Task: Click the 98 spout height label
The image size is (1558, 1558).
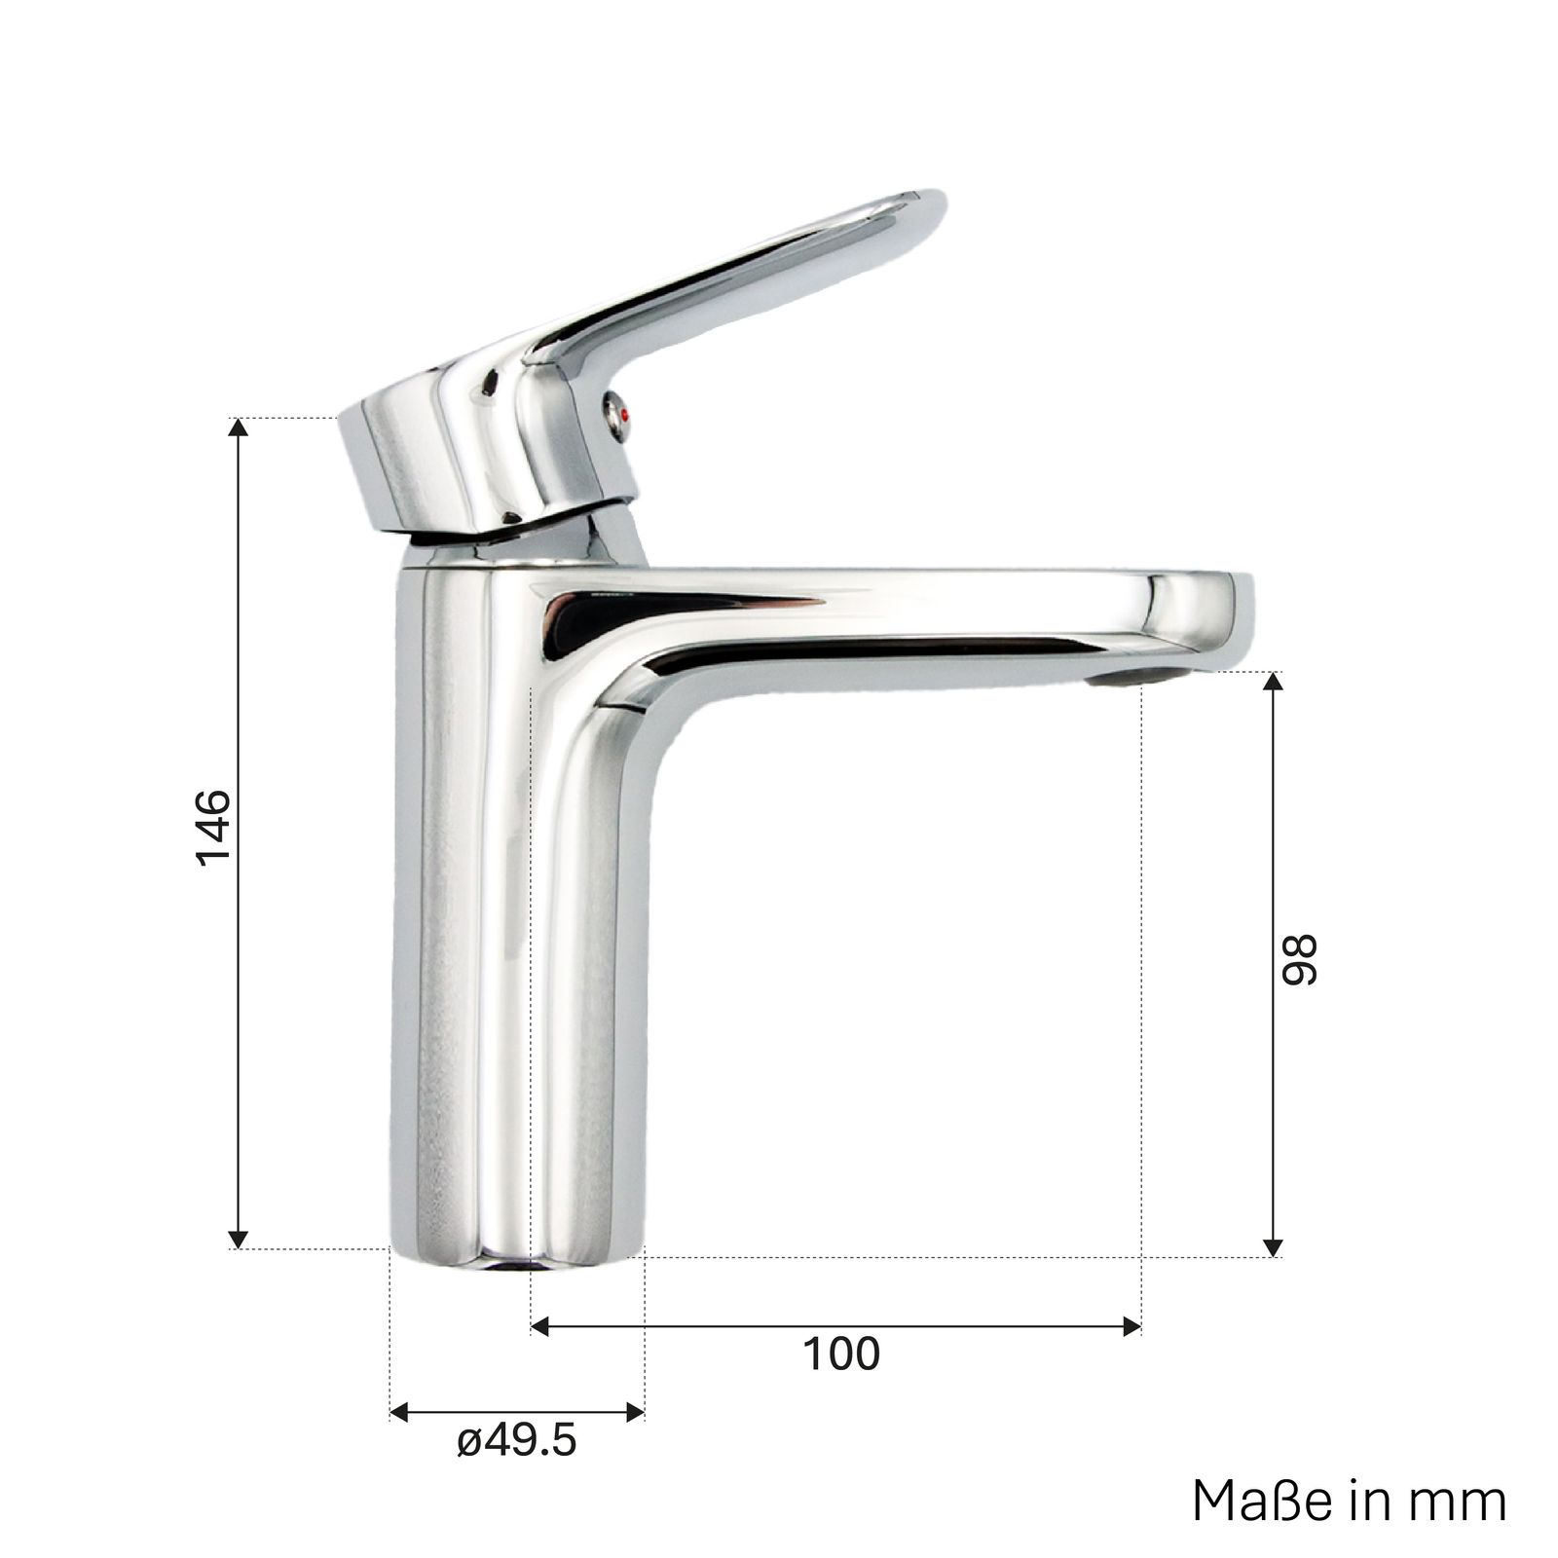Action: tap(1298, 960)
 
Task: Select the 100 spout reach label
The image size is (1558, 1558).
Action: tap(841, 1354)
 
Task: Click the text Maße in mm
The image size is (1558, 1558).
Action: tap(1350, 1501)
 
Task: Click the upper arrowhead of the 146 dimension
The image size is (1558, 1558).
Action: tap(237, 429)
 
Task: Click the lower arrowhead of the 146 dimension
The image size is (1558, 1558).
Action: tap(237, 1237)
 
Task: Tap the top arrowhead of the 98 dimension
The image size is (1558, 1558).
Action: tap(1272, 683)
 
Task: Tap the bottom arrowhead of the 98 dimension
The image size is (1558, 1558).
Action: tap(1272, 1246)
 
